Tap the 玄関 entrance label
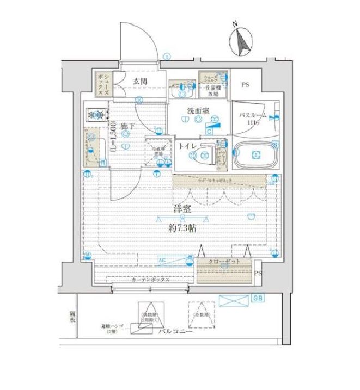click(139, 82)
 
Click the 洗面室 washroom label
click(197, 111)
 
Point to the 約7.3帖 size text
click(182, 229)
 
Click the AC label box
click(162, 260)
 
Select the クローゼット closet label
click(223, 262)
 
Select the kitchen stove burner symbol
click(96, 115)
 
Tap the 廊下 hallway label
click(126, 126)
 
